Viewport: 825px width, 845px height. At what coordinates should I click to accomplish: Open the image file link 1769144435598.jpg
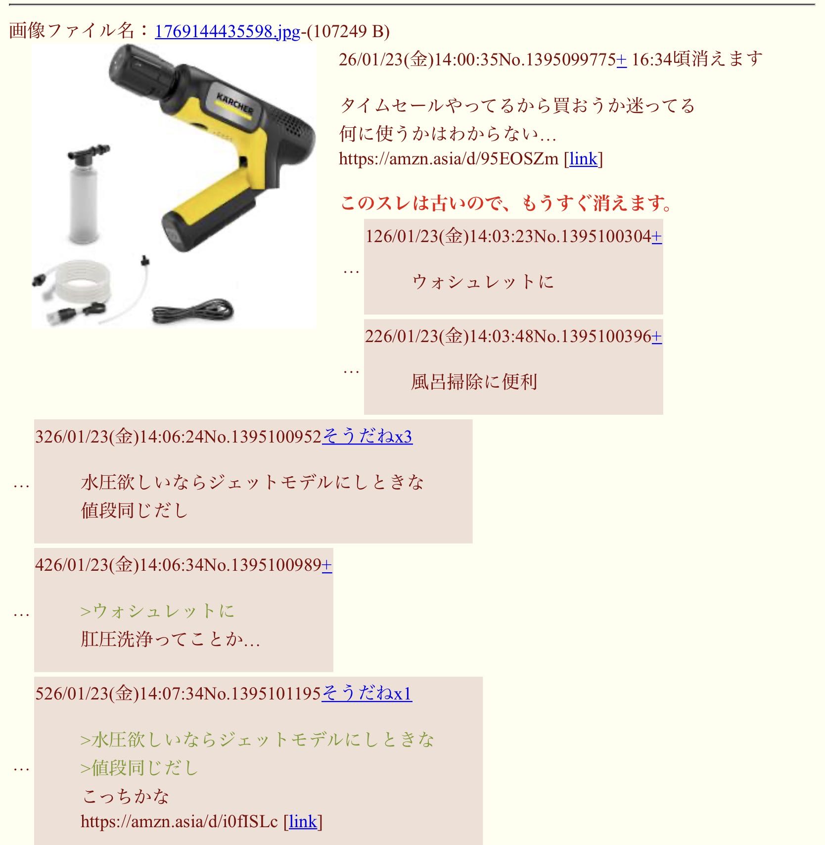[228, 32]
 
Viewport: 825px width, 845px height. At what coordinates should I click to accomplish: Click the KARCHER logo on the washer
[234, 103]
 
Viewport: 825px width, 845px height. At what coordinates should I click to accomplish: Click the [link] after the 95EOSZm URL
[584, 159]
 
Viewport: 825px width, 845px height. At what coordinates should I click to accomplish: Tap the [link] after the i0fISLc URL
[303, 822]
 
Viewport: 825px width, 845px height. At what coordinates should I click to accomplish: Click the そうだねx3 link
[367, 437]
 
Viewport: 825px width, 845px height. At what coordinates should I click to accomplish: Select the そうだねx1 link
[367, 694]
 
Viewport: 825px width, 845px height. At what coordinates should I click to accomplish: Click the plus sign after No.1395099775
[621, 60]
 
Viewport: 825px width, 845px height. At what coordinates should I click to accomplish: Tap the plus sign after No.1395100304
[656, 237]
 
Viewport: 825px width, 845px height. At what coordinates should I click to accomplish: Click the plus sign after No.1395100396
[656, 337]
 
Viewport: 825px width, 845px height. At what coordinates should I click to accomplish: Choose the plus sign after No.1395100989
[326, 565]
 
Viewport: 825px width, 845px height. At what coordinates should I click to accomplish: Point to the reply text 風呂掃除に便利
[474, 382]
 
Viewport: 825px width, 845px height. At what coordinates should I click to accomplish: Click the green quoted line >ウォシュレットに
[157, 611]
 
